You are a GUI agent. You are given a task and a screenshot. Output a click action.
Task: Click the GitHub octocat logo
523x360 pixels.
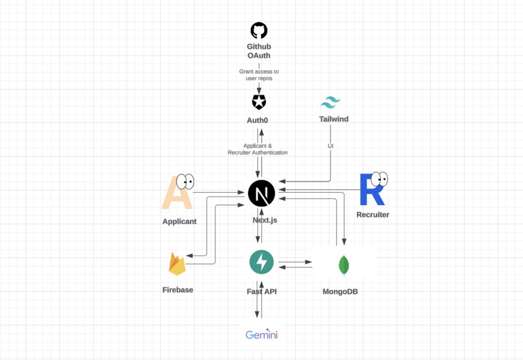tap(259, 30)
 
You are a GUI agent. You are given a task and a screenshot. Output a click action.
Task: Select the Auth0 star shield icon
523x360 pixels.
tap(259, 102)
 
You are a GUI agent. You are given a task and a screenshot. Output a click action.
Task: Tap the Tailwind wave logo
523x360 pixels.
tap(330, 103)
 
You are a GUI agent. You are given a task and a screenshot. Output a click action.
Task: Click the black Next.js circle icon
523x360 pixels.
tap(261, 193)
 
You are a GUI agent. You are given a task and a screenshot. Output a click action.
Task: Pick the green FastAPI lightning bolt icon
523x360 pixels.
tap(261, 262)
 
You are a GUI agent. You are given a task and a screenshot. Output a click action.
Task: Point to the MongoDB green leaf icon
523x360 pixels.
tap(344, 265)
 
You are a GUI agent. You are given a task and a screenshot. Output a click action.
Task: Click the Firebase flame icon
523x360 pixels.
tap(177, 264)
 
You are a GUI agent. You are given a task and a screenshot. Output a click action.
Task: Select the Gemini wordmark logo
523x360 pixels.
tap(261, 335)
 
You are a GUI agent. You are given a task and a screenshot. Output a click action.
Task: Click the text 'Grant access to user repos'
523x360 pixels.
tap(259, 75)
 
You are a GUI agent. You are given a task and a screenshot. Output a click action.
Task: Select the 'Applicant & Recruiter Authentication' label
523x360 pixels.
tap(258, 149)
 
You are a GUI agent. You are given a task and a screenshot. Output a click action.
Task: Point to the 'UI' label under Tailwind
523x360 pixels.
tap(330, 147)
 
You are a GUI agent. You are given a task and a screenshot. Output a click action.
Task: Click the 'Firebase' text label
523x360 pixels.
tap(178, 290)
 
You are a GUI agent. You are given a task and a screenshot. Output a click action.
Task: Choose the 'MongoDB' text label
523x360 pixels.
tap(340, 292)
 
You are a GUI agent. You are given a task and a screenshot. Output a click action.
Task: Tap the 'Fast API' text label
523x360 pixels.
tap(261, 292)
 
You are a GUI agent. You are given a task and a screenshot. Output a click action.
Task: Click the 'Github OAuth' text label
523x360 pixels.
tap(259, 51)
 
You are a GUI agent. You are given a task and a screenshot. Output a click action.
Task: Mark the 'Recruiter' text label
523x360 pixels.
tap(372, 215)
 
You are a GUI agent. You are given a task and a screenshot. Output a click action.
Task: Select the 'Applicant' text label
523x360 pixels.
tap(179, 221)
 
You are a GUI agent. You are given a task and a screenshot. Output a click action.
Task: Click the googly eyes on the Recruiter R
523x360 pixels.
tap(379, 178)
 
